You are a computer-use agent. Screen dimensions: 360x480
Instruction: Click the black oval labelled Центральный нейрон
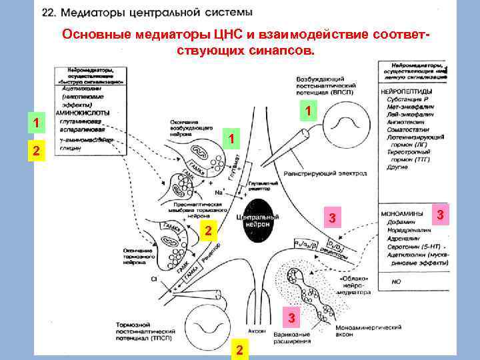click(x=253, y=215)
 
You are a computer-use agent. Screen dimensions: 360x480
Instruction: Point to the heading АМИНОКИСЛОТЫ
click(x=88, y=113)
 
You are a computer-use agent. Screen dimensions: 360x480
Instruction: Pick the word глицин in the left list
click(x=70, y=148)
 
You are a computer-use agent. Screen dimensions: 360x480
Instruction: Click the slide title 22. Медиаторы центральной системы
click(x=147, y=12)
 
